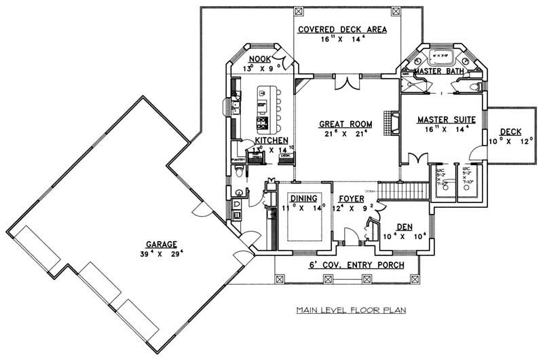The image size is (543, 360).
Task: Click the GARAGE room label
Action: click(161, 244)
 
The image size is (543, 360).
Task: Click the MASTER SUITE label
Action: click(445, 119)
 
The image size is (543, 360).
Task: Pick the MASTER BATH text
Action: click(438, 71)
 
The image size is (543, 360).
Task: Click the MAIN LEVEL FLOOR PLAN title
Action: click(350, 311)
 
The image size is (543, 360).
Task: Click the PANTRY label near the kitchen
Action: click(238, 160)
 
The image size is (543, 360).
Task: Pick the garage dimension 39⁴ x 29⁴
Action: click(161, 253)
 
